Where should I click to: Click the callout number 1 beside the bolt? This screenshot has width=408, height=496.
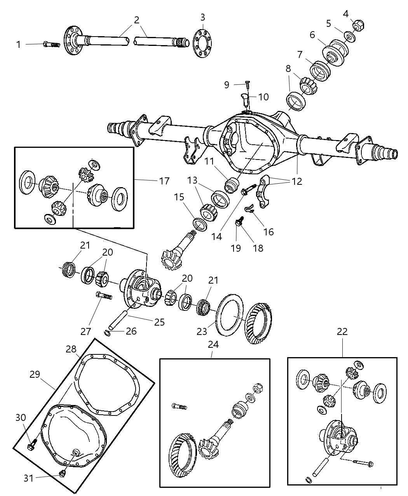[18, 45]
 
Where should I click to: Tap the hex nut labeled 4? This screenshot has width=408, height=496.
[357, 25]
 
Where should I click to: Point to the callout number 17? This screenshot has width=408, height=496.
[164, 181]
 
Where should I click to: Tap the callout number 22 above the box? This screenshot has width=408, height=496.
[342, 332]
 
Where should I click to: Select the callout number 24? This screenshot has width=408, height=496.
[213, 344]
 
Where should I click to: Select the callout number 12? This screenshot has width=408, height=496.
[297, 181]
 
